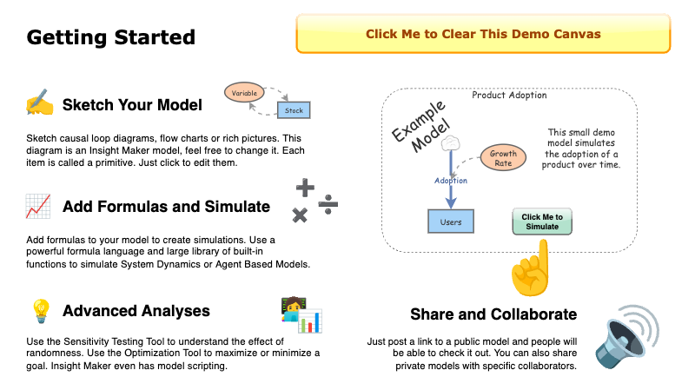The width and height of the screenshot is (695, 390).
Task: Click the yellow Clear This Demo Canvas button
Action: pos(482,35)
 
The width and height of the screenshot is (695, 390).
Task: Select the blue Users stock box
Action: pos(451,221)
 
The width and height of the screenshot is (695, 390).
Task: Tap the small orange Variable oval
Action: pos(244,90)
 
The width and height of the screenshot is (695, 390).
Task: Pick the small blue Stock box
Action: pos(294,110)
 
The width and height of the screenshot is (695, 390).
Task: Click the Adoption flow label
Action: pos(451,181)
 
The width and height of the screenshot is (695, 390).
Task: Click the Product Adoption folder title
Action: pos(508,95)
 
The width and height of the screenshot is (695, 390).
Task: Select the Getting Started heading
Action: pos(111,38)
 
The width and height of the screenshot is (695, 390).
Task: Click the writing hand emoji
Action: pos(39,105)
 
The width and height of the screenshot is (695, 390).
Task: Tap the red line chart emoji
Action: pos(37,207)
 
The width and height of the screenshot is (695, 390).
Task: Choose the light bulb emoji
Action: pos(39,310)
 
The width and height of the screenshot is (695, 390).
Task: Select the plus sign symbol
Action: pos(305,187)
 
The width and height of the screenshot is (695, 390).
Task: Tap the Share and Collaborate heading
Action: pos(493,314)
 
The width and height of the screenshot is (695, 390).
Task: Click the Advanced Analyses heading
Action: pos(136,311)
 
